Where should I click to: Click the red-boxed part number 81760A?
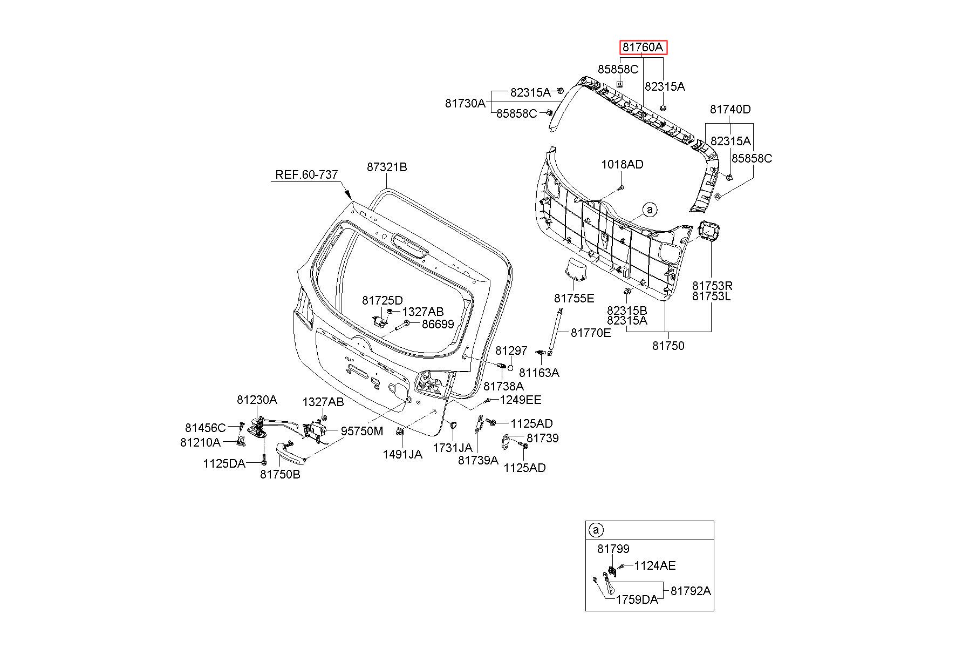click(643, 48)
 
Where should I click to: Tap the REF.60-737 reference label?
click(307, 174)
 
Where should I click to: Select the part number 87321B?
click(387, 167)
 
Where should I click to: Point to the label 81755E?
click(574, 298)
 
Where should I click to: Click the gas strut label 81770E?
click(591, 333)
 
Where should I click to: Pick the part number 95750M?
click(362, 431)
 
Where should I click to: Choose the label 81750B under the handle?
click(280, 474)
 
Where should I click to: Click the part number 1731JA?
click(453, 448)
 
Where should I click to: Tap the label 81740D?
click(730, 109)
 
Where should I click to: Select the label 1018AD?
click(623, 164)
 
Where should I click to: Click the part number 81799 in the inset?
click(613, 549)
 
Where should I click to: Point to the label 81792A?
click(691, 591)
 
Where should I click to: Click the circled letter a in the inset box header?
click(596, 530)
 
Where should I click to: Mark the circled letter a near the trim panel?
click(650, 210)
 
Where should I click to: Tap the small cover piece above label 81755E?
click(576, 269)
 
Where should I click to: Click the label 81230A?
click(257, 400)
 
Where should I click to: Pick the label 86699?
click(438, 324)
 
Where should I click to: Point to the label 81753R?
click(713, 285)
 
